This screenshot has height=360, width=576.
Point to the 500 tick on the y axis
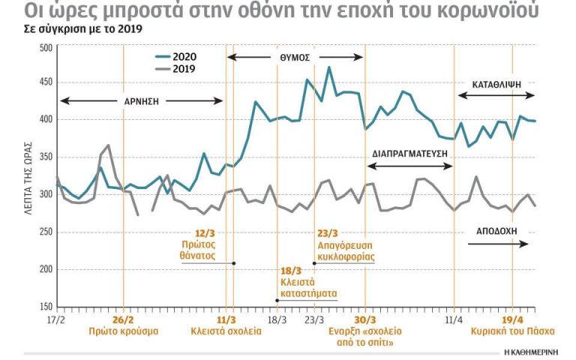click(46, 47)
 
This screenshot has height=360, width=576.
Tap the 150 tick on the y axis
click(46, 307)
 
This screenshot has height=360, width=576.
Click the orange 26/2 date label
click(123, 319)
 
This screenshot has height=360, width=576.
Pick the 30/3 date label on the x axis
click(364, 319)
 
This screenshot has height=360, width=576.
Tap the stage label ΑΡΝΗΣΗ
click(142, 100)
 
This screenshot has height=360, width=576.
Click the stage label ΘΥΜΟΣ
click(295, 57)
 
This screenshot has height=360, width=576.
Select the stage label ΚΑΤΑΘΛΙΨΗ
click(496, 84)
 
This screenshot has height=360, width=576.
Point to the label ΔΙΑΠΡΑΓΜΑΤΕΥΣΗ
click(409, 151)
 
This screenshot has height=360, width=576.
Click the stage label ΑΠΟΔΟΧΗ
click(496, 231)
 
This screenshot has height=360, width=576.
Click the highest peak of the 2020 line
click(328, 67)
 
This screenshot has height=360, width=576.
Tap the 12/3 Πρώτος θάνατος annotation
click(202, 244)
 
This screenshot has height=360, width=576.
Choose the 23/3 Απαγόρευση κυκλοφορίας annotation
click(346, 244)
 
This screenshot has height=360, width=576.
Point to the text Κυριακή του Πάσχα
click(507, 331)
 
